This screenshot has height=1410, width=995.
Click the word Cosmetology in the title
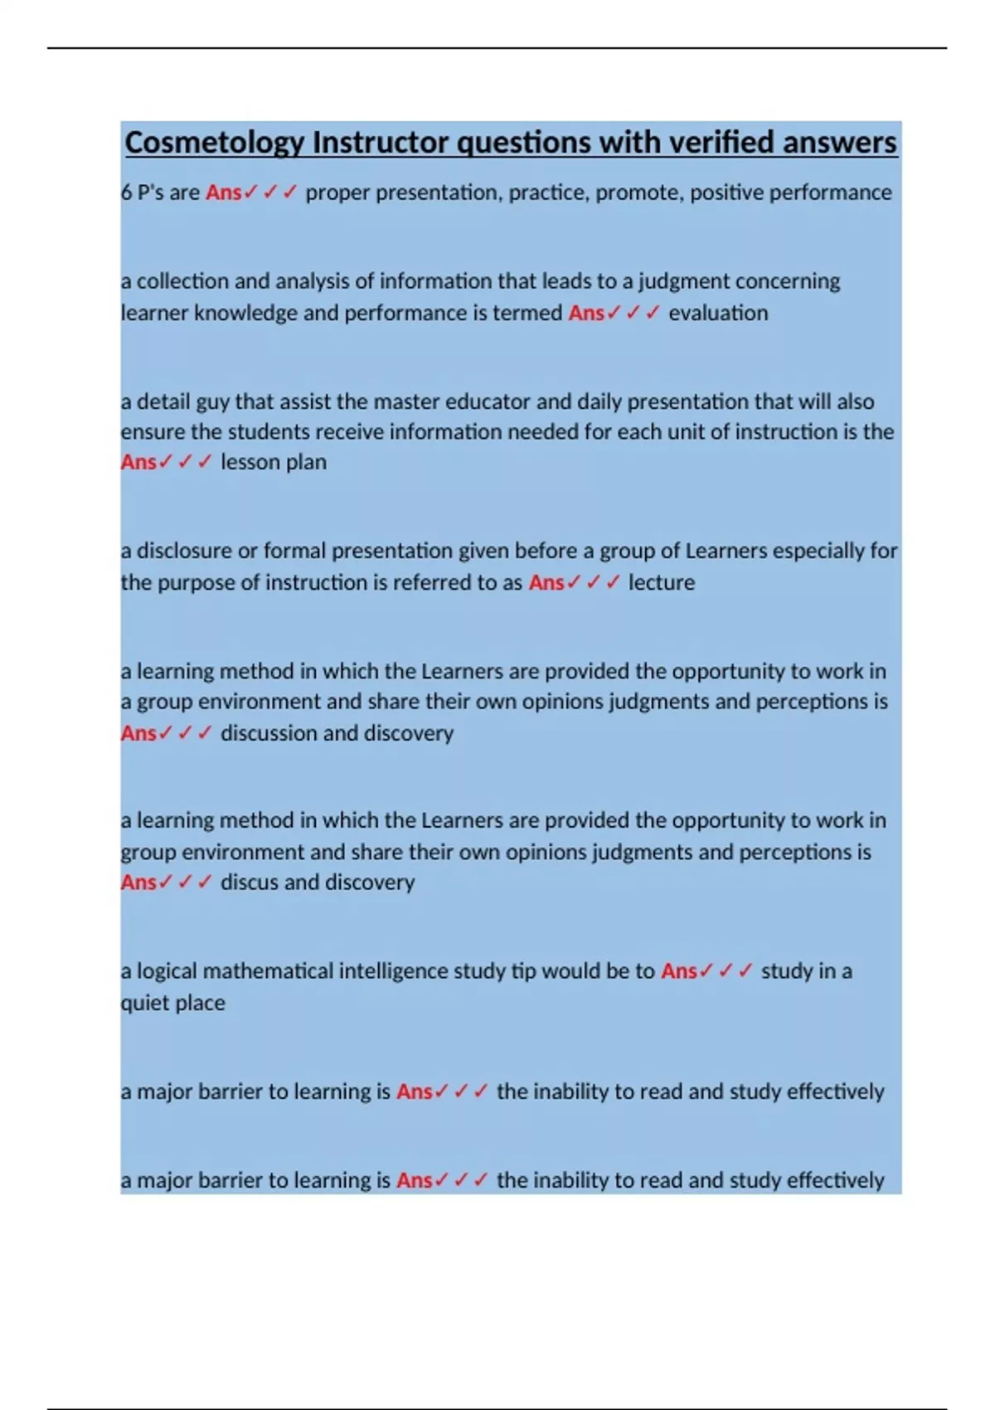click(215, 143)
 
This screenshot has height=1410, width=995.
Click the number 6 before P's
click(126, 192)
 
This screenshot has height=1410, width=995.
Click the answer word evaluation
click(718, 313)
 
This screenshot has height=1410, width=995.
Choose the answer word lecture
click(661, 582)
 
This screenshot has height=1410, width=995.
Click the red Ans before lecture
click(546, 582)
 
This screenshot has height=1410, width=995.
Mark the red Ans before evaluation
click(586, 313)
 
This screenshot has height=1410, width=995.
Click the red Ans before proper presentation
click(224, 192)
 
